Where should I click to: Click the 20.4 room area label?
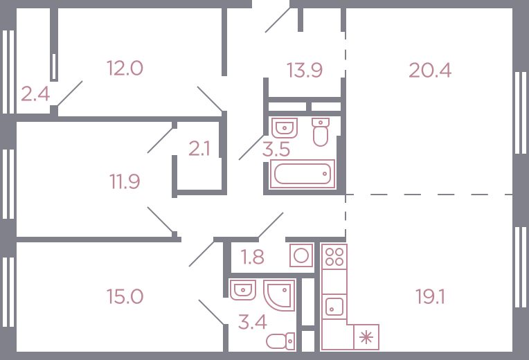tap(430, 71)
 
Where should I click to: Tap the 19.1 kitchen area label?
tap(430, 297)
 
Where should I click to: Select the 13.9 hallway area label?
tap(304, 70)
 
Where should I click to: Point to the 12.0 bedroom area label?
tap(125, 68)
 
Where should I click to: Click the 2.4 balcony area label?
tap(35, 93)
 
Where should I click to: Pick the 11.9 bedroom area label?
tap(125, 181)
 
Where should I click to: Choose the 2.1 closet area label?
tap(199, 149)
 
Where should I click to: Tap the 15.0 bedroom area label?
tap(125, 296)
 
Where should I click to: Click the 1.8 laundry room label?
tap(252, 257)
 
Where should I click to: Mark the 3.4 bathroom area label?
tap(252, 322)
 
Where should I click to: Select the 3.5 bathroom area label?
tap(276, 150)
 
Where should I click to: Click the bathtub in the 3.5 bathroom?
tap(303, 174)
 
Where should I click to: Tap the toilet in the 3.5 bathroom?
tap(321, 132)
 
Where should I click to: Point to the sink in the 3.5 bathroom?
tap(285, 128)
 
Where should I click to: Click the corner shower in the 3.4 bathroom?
tap(279, 295)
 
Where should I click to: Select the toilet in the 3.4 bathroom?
tap(280, 341)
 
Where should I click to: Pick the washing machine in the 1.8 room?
tap(301, 255)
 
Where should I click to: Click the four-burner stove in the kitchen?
tap(334, 257)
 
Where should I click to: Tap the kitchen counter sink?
tap(334, 307)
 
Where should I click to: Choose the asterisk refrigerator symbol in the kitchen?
tap(366, 337)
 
